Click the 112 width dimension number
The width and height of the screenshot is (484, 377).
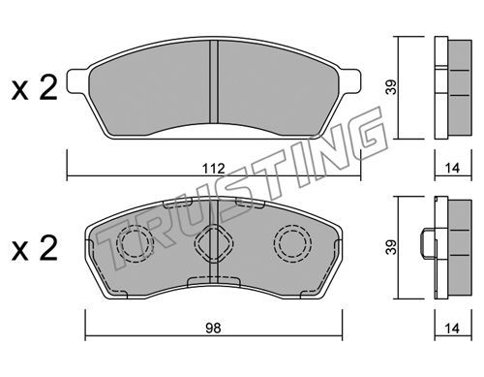click(x=214, y=169)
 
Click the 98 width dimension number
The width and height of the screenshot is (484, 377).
click(x=214, y=329)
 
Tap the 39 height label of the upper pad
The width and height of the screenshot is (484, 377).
click(x=392, y=87)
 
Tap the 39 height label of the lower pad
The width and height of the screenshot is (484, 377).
click(x=392, y=247)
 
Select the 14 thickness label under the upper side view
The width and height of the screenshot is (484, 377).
click(x=452, y=169)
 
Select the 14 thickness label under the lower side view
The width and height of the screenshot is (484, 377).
click(x=452, y=329)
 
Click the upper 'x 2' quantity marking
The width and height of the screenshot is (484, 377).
click(x=35, y=88)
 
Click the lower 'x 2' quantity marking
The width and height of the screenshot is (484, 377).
click(x=35, y=248)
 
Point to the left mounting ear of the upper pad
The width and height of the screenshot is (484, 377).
click(x=77, y=81)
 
